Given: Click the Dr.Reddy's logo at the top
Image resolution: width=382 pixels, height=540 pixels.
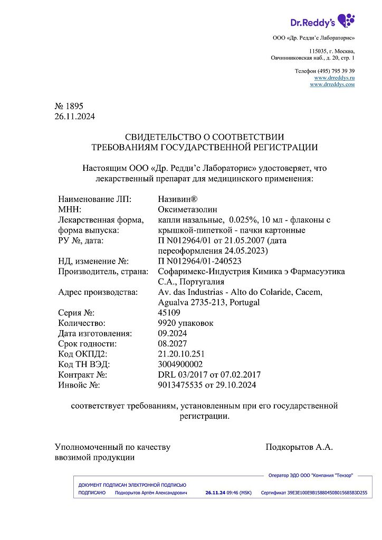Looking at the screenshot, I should click(322, 21).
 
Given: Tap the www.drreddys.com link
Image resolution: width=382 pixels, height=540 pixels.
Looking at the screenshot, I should click(332, 84).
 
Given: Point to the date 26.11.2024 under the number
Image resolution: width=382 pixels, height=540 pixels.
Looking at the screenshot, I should click(75, 116).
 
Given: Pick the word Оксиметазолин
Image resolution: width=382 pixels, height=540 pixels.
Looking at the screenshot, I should click(187, 209).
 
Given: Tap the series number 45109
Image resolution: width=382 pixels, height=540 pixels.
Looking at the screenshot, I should click(169, 313).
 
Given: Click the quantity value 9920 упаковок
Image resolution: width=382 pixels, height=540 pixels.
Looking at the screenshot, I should click(186, 323).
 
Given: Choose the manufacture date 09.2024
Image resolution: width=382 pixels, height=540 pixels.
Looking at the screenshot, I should click(172, 333).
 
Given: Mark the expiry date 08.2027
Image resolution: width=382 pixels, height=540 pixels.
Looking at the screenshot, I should click(172, 343).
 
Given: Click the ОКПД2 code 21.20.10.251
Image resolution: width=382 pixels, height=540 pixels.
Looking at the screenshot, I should click(181, 354).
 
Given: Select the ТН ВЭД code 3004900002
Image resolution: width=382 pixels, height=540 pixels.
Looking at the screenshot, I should click(179, 364).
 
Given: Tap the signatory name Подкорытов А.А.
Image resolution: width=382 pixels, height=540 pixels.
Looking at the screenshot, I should click(299, 447).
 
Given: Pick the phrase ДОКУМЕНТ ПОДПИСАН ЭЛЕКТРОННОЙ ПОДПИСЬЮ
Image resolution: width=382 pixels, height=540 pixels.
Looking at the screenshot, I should click(132, 485).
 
